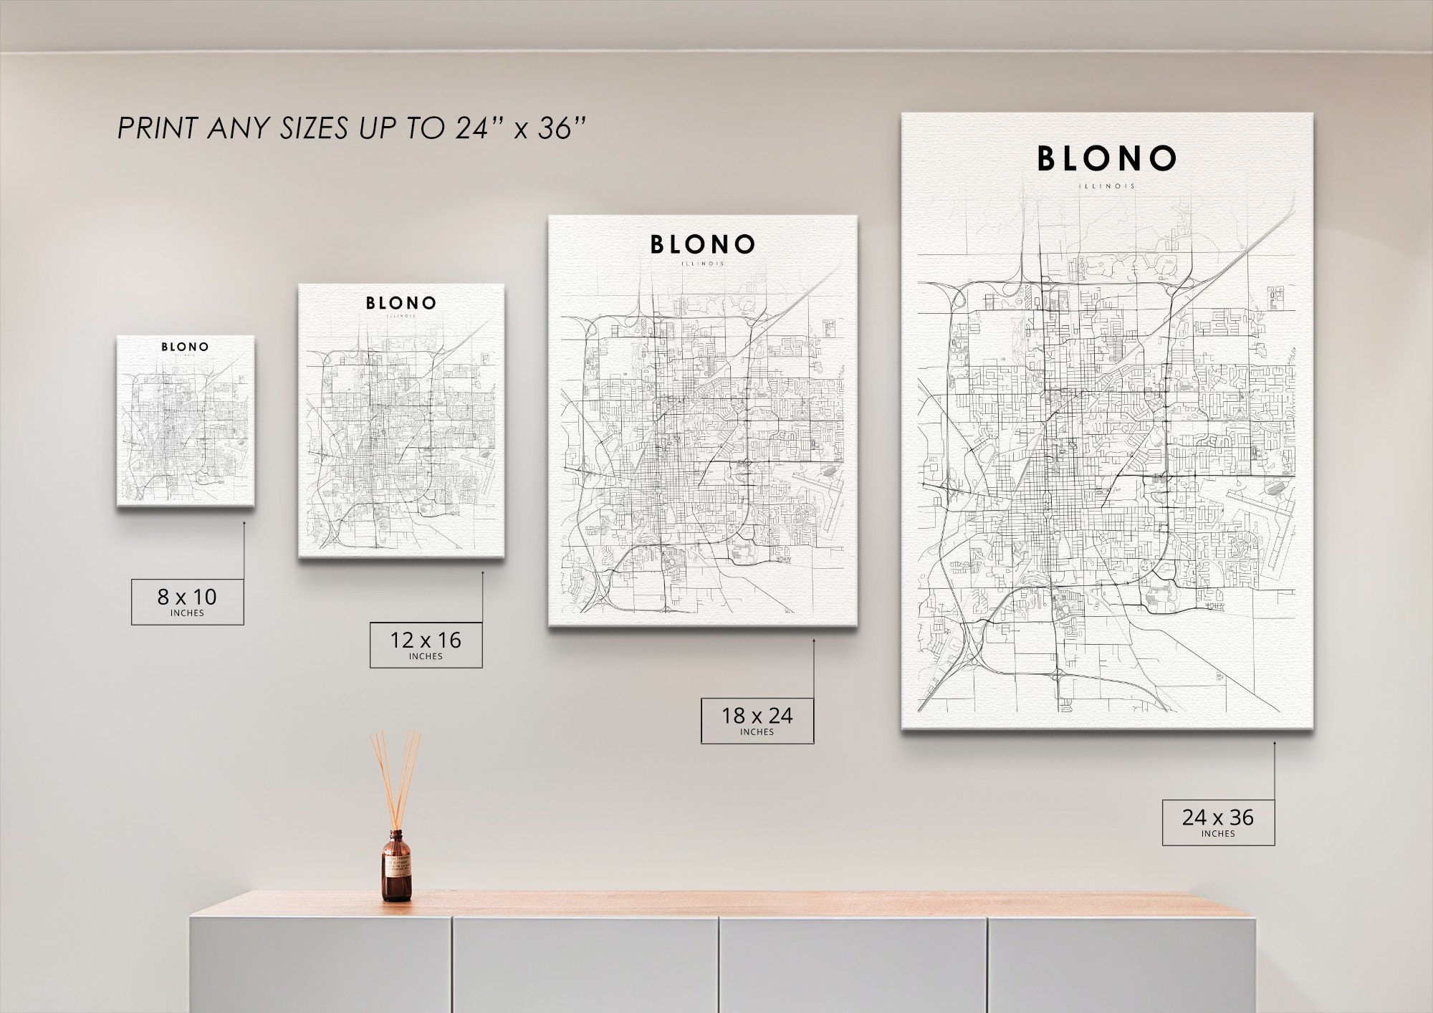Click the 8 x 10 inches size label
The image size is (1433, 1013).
[x=187, y=601]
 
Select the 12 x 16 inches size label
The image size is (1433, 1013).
[x=426, y=645]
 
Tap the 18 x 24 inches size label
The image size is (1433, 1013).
[x=757, y=720]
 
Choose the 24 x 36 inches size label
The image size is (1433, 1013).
[x=1218, y=822]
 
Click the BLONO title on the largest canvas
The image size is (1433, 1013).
[x=1107, y=159]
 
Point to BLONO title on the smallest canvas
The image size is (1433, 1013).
[x=185, y=347]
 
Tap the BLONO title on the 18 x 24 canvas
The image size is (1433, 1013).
[x=702, y=245]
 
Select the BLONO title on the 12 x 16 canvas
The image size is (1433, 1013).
[x=401, y=303]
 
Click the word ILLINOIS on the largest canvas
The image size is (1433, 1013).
[x=1107, y=186]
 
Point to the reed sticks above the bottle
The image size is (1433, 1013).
[x=395, y=777]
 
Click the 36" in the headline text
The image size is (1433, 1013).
[x=562, y=128]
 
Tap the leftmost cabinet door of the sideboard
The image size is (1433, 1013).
[x=320, y=964]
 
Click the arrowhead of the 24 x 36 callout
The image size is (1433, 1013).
[x=1275, y=743]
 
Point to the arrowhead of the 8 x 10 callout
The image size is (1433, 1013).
[x=244, y=523]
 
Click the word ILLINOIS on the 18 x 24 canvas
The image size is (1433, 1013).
[x=702, y=264]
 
